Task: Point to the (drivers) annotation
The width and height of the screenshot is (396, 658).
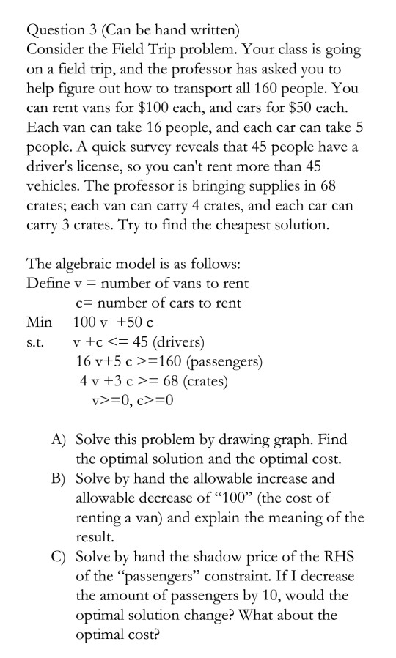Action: tap(180, 341)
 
